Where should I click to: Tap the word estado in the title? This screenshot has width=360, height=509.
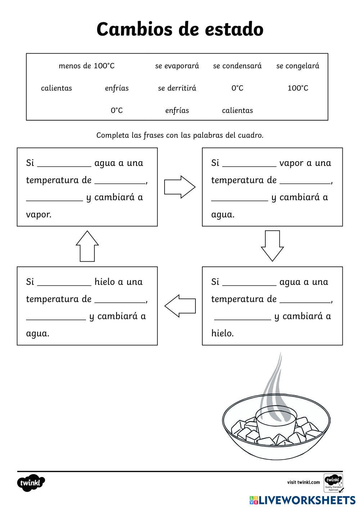(234, 30)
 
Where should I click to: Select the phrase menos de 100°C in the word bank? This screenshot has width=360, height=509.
(86, 66)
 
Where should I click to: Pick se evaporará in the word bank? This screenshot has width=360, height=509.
(177, 66)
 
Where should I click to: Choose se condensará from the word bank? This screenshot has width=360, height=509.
(237, 66)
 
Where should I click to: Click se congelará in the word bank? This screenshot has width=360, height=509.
(298, 66)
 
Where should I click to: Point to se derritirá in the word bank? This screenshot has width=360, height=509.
(177, 88)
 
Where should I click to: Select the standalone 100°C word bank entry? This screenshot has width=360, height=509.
(298, 88)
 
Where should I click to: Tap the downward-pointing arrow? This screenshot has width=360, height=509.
(272, 246)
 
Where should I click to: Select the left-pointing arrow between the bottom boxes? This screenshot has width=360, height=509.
(180, 306)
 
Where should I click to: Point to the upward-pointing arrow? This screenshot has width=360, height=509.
(87, 246)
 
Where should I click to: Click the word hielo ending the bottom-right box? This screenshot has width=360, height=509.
(222, 333)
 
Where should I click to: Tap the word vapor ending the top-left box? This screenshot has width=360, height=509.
(39, 215)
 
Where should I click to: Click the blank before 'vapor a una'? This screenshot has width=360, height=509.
(249, 166)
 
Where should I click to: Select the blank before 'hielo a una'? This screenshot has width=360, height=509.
(64, 284)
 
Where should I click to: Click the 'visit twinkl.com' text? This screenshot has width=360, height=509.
(303, 482)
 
